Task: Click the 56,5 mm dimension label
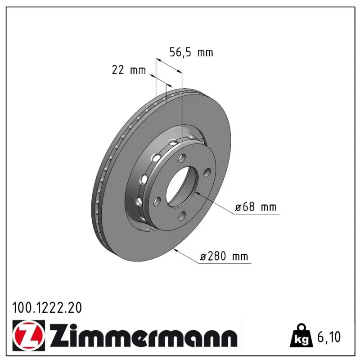pyautogui.click(x=191, y=52)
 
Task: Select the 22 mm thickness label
pyautogui.click(x=129, y=70)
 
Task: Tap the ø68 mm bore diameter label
pyautogui.click(x=256, y=207)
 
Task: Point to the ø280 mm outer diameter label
pyautogui.click(x=224, y=256)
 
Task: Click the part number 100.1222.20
pyautogui.click(x=47, y=308)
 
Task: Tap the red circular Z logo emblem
pyautogui.click(x=28, y=335)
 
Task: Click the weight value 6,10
pyautogui.click(x=329, y=337)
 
